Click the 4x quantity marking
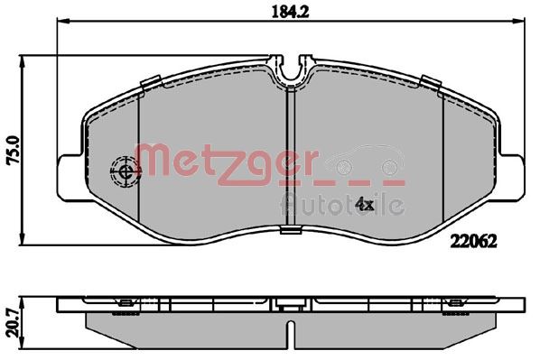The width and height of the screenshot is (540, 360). coord(364,204)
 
